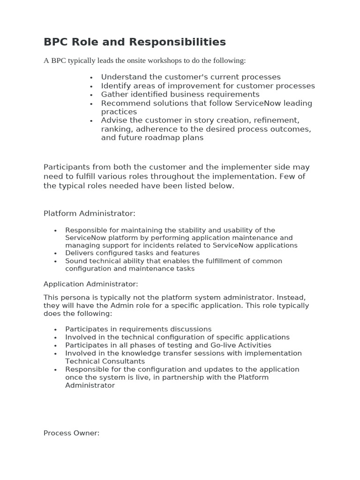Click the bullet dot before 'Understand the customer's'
point(91,78)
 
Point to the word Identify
point(116,86)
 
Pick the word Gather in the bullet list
point(114,94)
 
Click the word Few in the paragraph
point(294,176)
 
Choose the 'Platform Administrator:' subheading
point(90,213)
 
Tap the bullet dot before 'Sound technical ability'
point(55,262)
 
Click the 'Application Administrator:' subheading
point(91,284)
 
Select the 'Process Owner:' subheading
point(72,433)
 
